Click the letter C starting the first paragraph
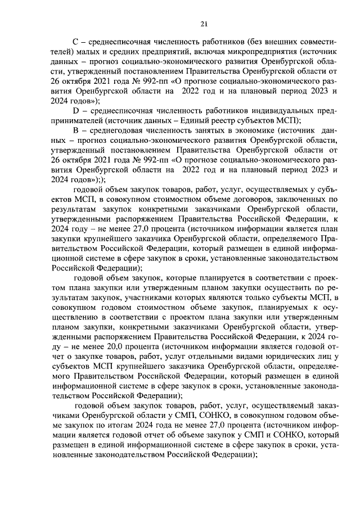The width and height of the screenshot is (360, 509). pyautogui.click(x=78, y=43)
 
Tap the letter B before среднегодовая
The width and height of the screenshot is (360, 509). pyautogui.click(x=78, y=130)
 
